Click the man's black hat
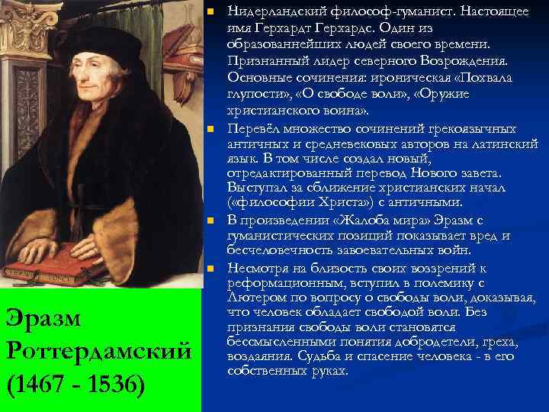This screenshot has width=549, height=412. (x=84, y=19)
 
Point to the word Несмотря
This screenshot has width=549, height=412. (x=259, y=268)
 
